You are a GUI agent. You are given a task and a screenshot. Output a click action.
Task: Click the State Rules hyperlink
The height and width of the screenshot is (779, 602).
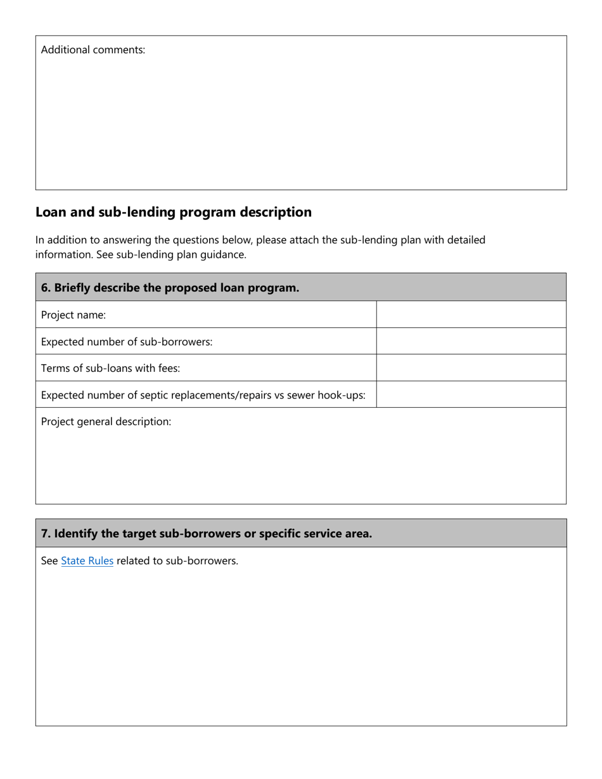87,560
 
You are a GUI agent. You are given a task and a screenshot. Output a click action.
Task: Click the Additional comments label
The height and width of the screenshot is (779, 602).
93,49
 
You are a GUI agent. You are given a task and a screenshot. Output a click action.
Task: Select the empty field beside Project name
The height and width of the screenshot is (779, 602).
471,315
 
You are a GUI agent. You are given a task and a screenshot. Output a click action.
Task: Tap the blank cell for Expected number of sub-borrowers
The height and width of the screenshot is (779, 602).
471,341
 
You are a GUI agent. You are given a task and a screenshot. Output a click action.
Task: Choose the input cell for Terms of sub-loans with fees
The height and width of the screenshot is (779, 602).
471,368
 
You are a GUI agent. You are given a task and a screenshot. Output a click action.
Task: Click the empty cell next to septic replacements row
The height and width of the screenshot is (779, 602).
471,395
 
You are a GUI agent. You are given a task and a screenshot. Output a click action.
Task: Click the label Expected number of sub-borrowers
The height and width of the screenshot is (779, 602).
126,341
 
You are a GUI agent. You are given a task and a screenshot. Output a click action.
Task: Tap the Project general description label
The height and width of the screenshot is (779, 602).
106,421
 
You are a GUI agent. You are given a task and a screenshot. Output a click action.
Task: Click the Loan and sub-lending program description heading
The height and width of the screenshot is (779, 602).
173,212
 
